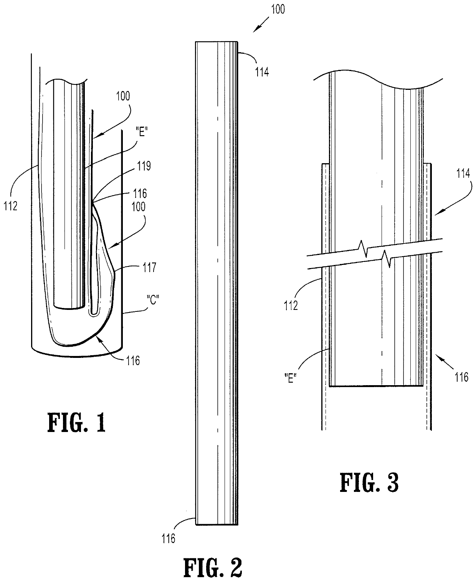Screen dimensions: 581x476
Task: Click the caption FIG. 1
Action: coord(76,422)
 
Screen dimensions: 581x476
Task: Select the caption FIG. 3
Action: coord(369,483)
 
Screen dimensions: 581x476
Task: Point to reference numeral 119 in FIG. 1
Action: coord(143,166)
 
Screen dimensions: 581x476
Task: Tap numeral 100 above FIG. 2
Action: coord(278,9)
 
